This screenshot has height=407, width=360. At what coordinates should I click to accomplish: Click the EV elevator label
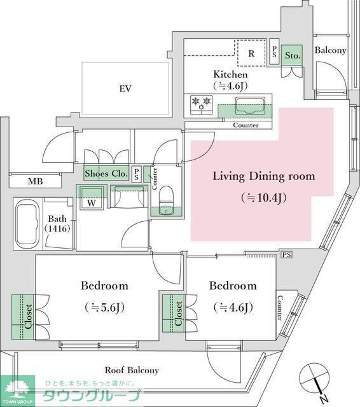click(x=125, y=89)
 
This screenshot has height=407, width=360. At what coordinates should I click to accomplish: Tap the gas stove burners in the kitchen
click(x=201, y=104)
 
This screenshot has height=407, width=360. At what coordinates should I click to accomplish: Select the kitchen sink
click(x=250, y=106)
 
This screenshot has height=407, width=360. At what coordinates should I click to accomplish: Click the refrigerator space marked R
click(x=252, y=53)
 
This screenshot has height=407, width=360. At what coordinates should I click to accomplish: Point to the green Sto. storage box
click(x=292, y=55)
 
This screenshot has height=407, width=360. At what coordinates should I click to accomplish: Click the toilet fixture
click(x=166, y=200)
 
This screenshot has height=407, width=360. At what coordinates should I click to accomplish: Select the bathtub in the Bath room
click(x=27, y=224)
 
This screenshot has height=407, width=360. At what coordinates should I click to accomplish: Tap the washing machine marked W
click(x=91, y=197)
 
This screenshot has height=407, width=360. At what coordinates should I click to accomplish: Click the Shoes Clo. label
click(x=106, y=174)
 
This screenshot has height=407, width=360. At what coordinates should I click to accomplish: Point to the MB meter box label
click(x=35, y=181)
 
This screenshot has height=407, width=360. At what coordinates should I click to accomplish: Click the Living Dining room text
click(x=264, y=177)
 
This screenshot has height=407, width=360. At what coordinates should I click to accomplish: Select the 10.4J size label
click(x=264, y=198)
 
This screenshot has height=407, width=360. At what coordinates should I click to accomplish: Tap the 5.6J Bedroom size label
click(x=104, y=308)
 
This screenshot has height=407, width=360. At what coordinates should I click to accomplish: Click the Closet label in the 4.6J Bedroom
click(x=179, y=314)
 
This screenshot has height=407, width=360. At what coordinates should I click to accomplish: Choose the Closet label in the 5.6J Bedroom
click(x=28, y=317)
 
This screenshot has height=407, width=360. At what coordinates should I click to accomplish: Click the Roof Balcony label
click(x=132, y=370)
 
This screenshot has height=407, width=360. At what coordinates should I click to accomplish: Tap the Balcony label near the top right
click(x=330, y=50)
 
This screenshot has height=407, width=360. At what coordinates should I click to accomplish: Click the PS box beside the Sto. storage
click(x=274, y=52)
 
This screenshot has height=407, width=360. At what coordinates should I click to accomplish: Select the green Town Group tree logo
click(x=17, y=390)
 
